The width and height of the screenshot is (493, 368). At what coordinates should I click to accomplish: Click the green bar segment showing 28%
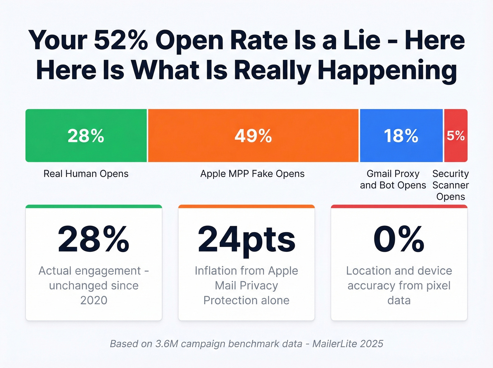pos(86,136)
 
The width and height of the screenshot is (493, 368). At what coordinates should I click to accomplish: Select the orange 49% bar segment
pos(253,136)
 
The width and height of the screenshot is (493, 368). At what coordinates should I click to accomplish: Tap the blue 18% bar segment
pos(401,136)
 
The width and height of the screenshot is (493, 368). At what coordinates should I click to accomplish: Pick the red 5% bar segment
pos(456,136)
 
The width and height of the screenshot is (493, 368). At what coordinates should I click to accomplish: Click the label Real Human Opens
pos(86,174)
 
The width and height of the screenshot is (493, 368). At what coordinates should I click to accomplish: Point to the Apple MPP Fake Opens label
pos(252,174)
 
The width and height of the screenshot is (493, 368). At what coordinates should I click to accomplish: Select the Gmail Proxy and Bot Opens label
pos(393,179)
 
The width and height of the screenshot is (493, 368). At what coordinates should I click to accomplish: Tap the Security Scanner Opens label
pos(450,185)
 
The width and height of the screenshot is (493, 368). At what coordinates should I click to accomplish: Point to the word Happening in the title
pos(387,70)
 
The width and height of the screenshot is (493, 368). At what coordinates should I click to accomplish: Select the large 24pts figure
pos(246,239)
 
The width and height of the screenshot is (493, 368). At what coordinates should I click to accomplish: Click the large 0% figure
pos(399,239)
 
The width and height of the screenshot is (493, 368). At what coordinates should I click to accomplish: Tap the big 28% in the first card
pos(94,239)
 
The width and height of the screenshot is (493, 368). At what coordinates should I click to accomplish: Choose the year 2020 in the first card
pos(94,300)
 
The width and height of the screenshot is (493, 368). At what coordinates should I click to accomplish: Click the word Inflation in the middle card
pos(216,271)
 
